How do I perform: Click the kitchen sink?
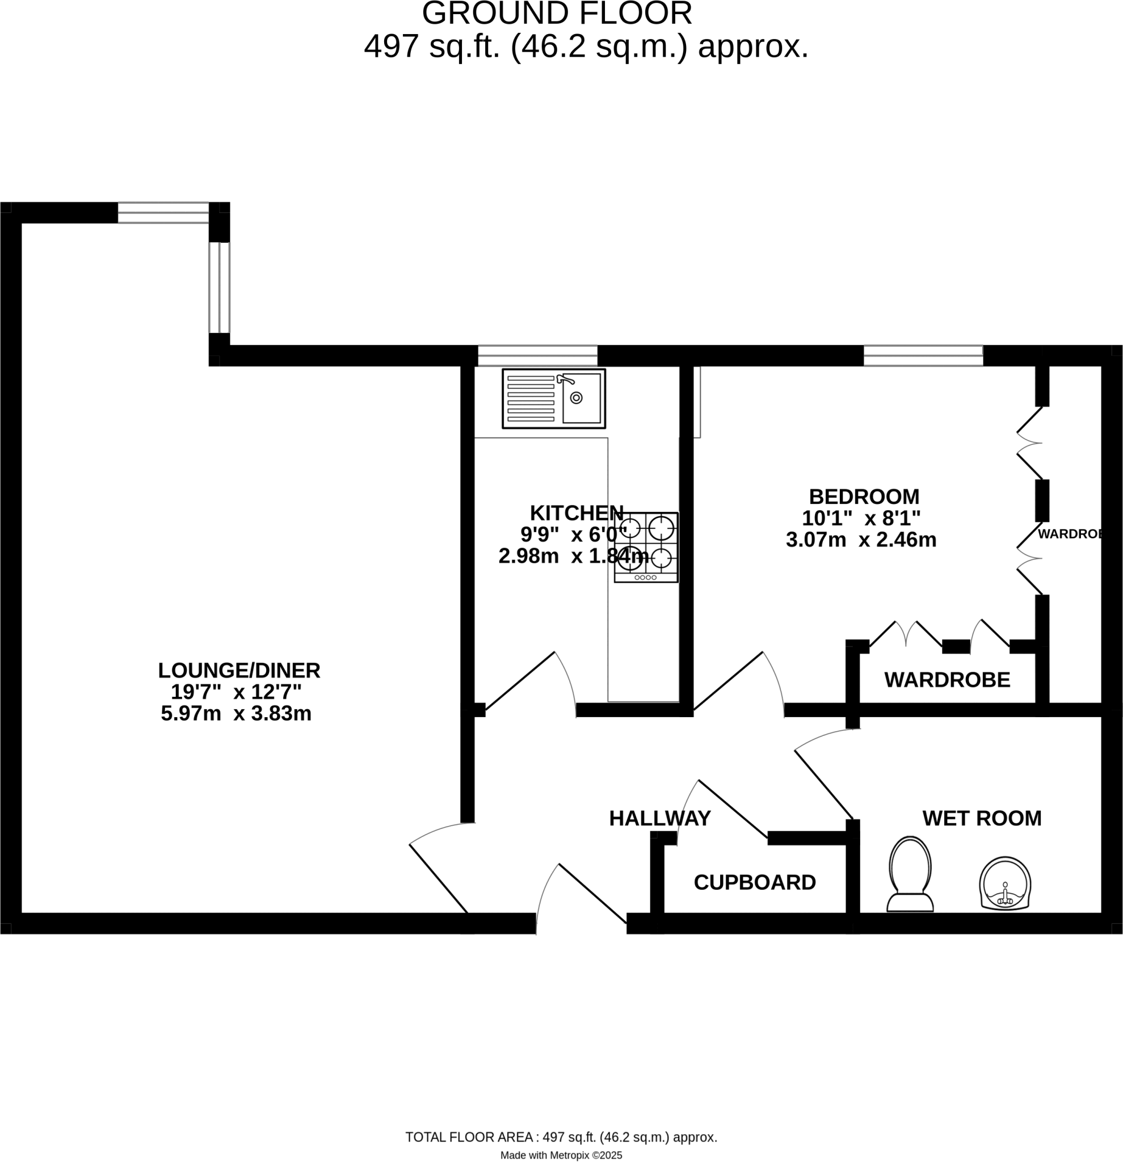click(x=554, y=398)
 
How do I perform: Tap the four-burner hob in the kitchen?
click(x=646, y=547)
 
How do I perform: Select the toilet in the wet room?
click(x=910, y=874)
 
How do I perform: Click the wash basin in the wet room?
click(x=1004, y=883)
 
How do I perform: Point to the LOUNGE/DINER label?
click(x=239, y=671)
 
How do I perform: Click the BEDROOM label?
click(x=864, y=496)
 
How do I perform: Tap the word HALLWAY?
click(x=659, y=818)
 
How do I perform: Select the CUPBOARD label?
click(x=754, y=882)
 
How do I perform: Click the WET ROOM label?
click(x=981, y=818)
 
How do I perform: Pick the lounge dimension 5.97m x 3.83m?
click(x=236, y=713)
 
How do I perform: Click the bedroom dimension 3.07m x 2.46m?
click(x=861, y=540)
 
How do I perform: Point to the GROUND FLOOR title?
click(x=557, y=14)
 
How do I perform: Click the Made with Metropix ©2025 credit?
click(x=561, y=1155)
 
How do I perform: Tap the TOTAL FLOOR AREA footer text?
click(x=561, y=1137)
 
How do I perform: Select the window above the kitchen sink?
click(x=537, y=356)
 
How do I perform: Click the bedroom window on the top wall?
click(x=923, y=356)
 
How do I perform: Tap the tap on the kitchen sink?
click(x=565, y=380)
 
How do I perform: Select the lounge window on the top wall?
click(x=163, y=212)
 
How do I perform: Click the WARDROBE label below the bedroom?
click(x=947, y=680)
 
